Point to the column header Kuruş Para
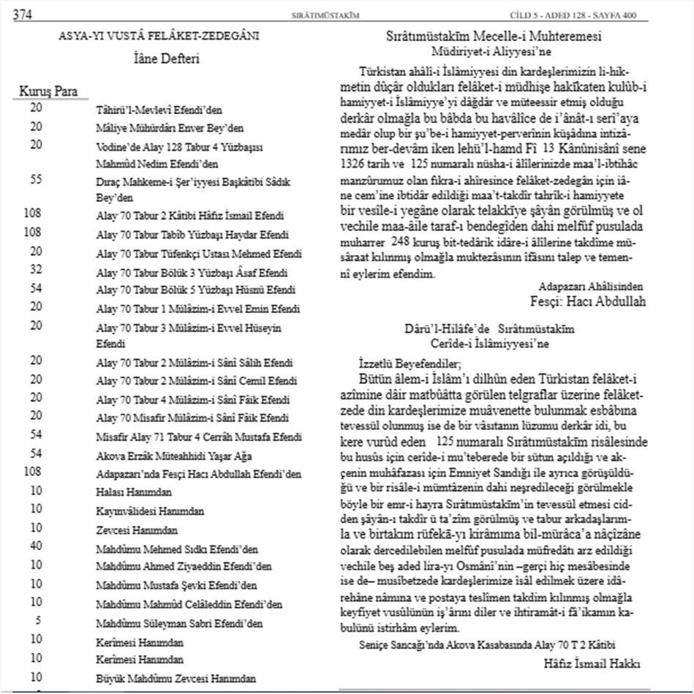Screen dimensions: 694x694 (x=53, y=92)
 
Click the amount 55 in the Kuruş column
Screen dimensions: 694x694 (x=36, y=178)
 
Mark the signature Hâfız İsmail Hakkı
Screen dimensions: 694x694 (x=592, y=664)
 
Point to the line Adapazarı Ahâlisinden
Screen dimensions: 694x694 (x=592, y=286)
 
